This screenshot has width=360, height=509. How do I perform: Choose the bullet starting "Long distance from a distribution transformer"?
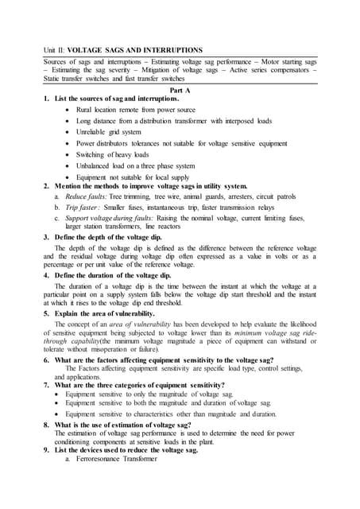(174, 120)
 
